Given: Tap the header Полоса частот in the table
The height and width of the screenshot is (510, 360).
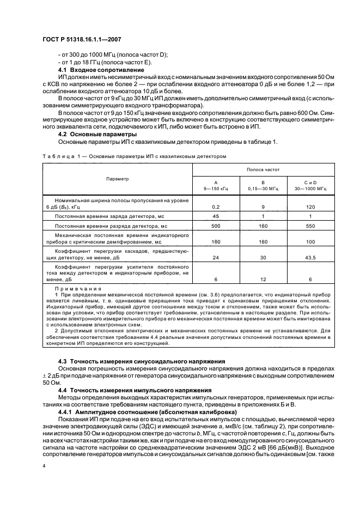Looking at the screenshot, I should (263, 171).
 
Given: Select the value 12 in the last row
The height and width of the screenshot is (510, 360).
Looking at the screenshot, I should (263, 278).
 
